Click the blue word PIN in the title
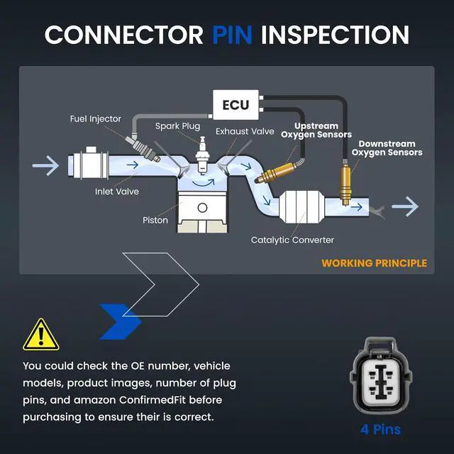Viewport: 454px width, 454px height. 232,35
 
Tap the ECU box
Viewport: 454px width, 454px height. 236,105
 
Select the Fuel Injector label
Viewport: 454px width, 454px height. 95,119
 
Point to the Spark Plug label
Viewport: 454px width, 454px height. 177,126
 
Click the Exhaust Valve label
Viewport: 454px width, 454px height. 245,131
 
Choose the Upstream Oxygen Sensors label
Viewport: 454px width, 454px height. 316,131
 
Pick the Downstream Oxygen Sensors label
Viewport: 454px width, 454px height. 387,148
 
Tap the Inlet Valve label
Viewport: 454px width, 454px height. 116,192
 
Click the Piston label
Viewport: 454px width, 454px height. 155,220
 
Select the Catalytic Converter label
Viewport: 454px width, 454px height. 292,240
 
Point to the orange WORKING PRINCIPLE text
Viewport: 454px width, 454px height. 374,263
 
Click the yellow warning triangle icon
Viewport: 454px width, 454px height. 41,335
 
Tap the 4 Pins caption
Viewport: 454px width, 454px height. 380,429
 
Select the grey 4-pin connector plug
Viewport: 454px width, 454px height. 381,375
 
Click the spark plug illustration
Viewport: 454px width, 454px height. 202,156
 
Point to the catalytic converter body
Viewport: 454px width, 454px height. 301,206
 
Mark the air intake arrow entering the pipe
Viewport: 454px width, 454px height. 45,165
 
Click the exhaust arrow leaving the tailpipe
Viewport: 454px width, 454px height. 405,206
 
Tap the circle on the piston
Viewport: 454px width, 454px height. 202,208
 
